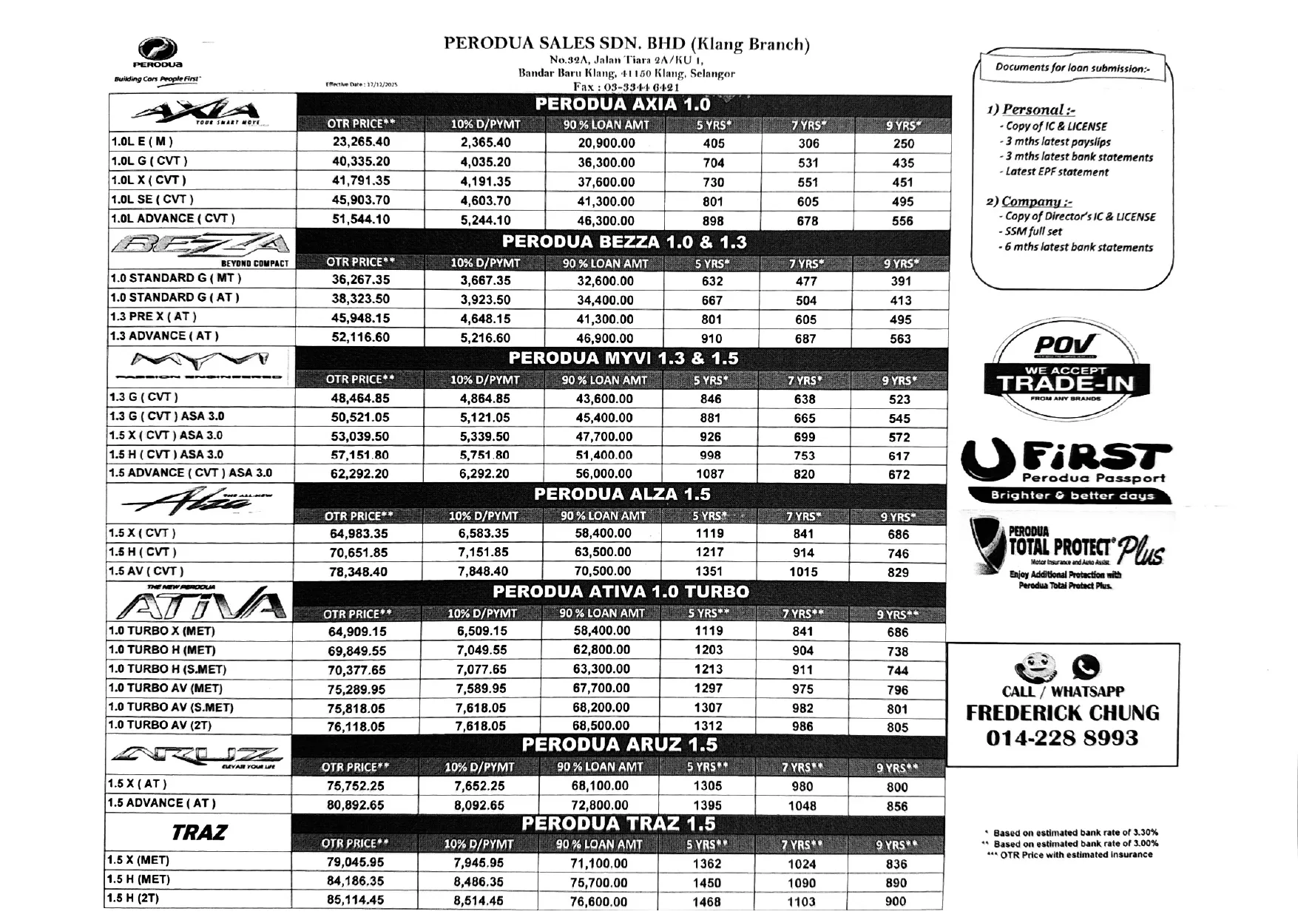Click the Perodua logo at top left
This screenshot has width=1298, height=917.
(158, 53)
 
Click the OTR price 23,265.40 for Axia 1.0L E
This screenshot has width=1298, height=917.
(361, 142)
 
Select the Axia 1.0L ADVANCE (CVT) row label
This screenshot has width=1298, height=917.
(173, 219)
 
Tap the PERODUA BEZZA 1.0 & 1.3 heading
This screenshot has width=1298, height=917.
(624, 242)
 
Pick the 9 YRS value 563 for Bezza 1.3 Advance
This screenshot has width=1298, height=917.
(900, 339)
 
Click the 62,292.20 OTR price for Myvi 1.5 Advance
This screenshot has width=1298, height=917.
(359, 474)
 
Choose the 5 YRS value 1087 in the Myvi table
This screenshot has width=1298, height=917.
(709, 474)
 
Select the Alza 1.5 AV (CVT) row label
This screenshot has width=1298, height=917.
(146, 572)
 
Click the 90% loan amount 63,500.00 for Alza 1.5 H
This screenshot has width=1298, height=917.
(603, 552)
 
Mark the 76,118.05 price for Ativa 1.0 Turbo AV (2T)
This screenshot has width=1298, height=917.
(356, 727)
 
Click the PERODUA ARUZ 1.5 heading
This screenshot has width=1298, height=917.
(619, 745)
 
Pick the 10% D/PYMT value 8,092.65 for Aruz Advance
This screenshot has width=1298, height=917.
(479, 805)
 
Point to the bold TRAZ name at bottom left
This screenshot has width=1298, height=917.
(198, 833)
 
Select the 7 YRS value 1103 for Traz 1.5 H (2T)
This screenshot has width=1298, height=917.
(801, 902)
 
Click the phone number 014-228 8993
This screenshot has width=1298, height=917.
(1061, 738)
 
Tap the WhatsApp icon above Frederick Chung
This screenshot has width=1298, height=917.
(1085, 668)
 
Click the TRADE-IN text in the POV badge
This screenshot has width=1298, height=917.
(1064, 384)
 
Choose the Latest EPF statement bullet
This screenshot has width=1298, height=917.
(1057, 172)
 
